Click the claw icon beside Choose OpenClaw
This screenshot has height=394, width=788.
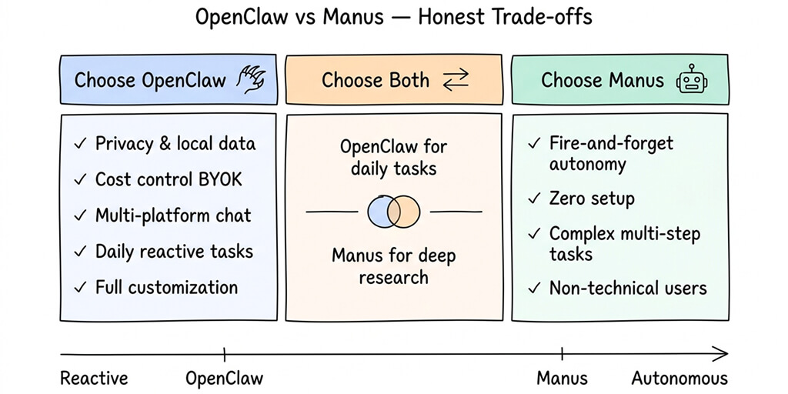coord(251,79)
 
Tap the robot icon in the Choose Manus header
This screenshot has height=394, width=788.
coord(691,81)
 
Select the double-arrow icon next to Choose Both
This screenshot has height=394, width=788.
coord(456,79)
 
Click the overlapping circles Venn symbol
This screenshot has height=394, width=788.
coord(394,211)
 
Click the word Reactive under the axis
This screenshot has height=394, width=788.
coord(94,379)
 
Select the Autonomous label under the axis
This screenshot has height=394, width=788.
coord(679,379)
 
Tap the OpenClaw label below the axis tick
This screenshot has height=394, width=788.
coord(224,379)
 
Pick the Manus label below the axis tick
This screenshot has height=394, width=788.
coord(562,379)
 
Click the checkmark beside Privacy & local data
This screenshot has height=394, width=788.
coord(79,144)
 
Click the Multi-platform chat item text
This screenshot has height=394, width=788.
coord(173,215)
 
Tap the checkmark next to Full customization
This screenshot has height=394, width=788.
coord(79,288)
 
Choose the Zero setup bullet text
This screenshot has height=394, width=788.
coord(592,199)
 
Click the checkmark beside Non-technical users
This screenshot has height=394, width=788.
coord(534,289)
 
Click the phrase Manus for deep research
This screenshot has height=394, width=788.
coord(392,265)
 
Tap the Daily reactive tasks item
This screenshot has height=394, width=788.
coord(174,252)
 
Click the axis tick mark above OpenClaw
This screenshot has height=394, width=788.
coord(224,354)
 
